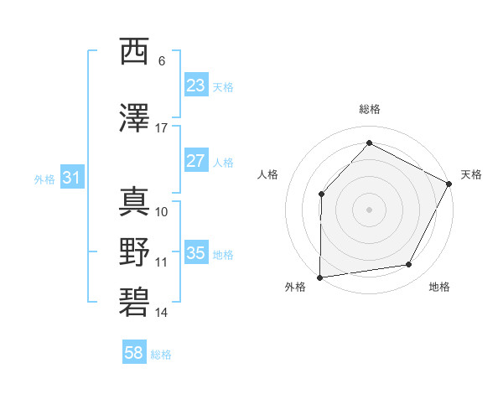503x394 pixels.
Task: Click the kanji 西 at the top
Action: click(x=134, y=52)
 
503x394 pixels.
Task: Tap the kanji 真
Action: click(x=134, y=200)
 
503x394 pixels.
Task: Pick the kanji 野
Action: click(x=134, y=251)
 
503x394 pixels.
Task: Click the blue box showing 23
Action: click(x=195, y=86)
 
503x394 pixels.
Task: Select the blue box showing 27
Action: click(x=195, y=161)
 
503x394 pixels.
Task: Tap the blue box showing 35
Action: click(x=195, y=253)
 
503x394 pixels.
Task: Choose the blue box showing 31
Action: click(x=71, y=178)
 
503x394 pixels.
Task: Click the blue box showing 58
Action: click(x=134, y=353)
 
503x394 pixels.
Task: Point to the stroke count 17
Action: click(x=162, y=127)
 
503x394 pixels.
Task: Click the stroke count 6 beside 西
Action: click(x=162, y=60)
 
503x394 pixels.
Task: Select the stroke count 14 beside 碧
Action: click(x=162, y=313)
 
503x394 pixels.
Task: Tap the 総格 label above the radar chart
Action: click(x=370, y=109)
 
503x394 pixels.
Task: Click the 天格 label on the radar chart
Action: click(x=472, y=174)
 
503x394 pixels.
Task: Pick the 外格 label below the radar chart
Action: click(x=295, y=288)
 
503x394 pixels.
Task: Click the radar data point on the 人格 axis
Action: click(x=321, y=194)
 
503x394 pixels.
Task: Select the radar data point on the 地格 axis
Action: click(x=409, y=265)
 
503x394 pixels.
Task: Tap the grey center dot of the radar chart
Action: click(x=370, y=210)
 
